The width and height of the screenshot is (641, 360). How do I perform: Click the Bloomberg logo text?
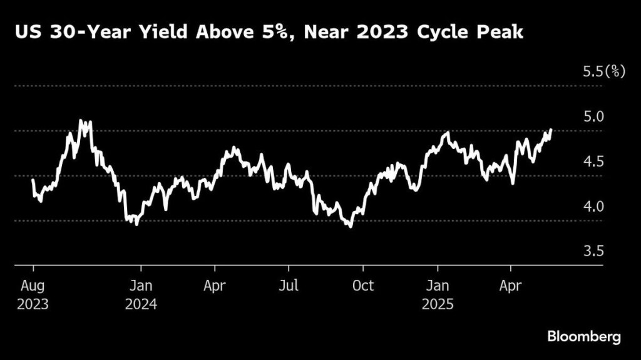pos(584,336)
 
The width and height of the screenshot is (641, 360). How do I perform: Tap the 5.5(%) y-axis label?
pos(604,71)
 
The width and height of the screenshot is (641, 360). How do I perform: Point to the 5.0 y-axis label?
pos(594,116)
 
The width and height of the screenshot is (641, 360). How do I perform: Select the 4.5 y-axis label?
pos(594,162)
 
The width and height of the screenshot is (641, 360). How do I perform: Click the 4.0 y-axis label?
pos(594,206)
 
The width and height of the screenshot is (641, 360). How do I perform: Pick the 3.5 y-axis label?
pos(594,251)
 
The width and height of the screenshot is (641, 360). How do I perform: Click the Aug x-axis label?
pos(33,285)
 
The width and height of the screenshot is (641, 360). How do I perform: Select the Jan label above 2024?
pos(141,285)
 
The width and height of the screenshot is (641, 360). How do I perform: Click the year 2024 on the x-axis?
pos(141,305)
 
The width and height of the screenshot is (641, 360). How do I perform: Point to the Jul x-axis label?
pos(289,285)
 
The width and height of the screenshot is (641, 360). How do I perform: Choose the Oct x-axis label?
pos(362,285)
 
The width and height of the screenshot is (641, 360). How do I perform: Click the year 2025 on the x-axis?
pos(438,305)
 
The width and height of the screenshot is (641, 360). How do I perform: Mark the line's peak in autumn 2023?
pos(81,120)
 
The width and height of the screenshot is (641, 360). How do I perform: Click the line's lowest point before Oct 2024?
pos(350,227)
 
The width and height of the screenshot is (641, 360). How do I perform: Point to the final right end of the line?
pos(551,130)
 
